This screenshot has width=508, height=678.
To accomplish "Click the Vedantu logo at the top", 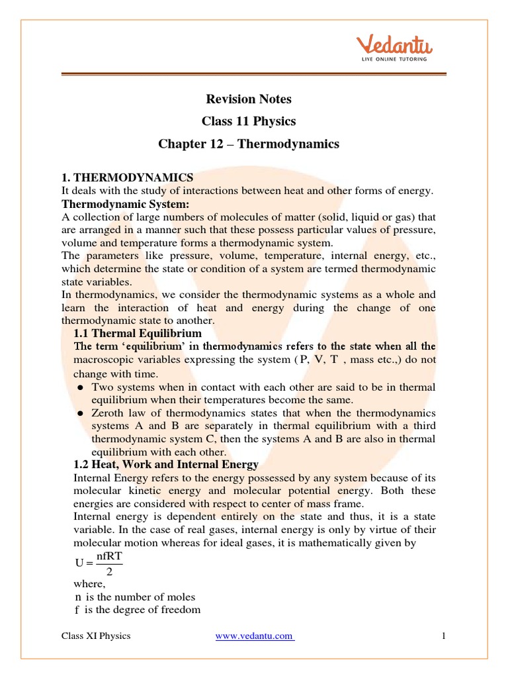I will [394, 46].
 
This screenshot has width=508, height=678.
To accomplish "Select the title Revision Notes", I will [248, 99].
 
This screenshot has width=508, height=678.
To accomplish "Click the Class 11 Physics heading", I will [248, 122].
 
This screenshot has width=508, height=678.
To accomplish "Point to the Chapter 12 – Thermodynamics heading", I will [248, 144].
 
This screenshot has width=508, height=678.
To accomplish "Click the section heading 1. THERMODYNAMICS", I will [127, 177].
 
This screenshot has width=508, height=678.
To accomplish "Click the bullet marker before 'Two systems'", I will [80, 387].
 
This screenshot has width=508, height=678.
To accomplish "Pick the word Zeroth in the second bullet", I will [108, 412].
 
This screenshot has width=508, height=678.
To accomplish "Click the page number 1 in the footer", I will [444, 636].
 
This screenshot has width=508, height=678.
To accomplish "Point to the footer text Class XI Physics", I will [96, 636].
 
